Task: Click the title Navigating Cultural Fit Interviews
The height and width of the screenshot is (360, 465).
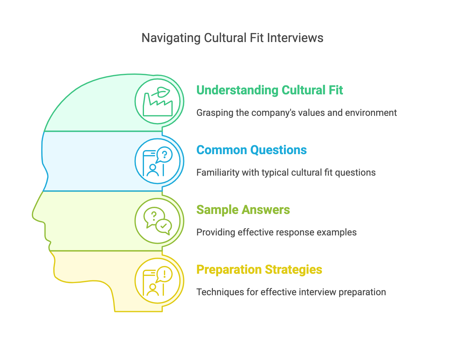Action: tap(232, 38)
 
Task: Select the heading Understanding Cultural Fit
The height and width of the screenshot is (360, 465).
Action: tap(270, 90)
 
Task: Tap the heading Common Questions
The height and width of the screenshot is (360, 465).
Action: tap(252, 150)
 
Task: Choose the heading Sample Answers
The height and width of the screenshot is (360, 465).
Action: tap(243, 210)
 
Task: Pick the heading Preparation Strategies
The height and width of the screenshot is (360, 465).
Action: tap(259, 270)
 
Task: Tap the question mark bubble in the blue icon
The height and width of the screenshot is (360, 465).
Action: tap(164, 154)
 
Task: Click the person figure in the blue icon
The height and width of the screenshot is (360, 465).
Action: tap(152, 170)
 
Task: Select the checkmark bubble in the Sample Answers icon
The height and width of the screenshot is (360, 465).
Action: tap(164, 226)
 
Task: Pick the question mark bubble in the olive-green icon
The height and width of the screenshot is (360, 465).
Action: tap(154, 216)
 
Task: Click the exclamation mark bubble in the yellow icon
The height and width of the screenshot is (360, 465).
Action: tap(164, 274)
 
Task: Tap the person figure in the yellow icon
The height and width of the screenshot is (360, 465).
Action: tap(152, 290)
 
